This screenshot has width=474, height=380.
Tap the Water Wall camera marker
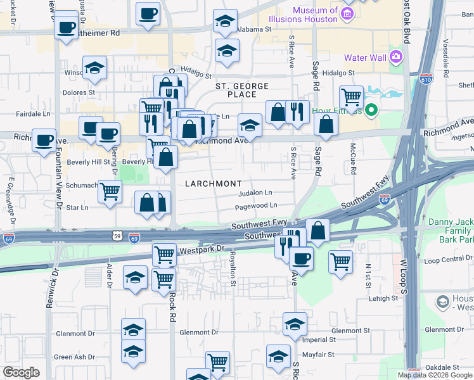(397, 58)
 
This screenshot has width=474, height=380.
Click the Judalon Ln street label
(255, 193)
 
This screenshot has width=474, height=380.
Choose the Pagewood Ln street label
(256, 206)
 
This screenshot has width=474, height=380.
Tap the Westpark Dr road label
(202, 250)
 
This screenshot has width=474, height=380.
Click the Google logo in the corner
(21, 372)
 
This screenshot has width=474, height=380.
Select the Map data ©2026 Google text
(435, 375)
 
